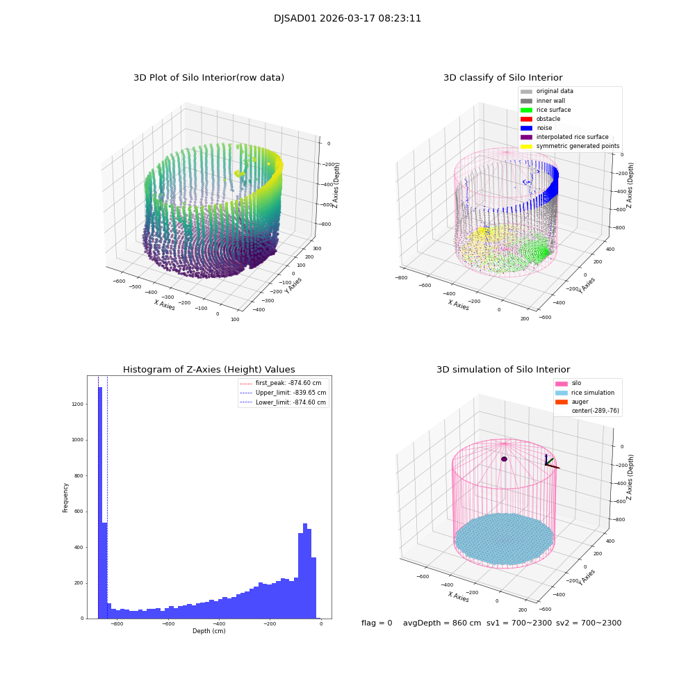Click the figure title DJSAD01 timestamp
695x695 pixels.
(347, 19)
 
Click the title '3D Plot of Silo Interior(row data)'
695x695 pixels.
(208, 78)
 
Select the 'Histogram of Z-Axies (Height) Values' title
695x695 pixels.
(208, 370)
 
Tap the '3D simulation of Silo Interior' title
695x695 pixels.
(503, 370)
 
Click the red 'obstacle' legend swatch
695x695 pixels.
(526, 119)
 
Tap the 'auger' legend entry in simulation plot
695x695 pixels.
(580, 402)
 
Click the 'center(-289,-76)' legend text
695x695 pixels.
(595, 411)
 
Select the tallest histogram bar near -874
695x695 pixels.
(100, 500)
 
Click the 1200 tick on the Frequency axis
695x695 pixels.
(78, 404)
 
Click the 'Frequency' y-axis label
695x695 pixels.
(66, 498)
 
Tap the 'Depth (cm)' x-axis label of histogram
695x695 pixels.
(208, 631)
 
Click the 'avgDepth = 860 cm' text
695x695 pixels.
(442, 623)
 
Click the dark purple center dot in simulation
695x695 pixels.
(504, 459)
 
